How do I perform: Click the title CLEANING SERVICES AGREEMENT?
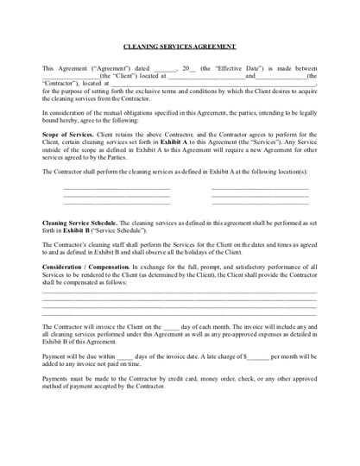tap(180, 47)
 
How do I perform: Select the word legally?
tap(304, 112)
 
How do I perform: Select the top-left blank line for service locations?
tap(117, 187)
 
